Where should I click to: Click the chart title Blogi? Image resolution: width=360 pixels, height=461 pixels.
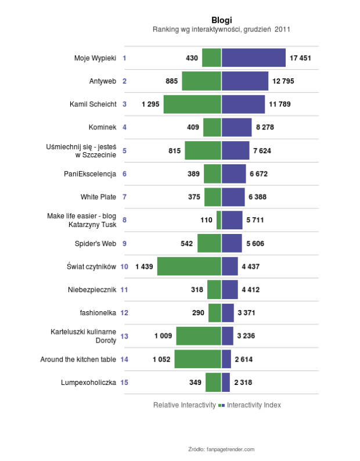click(221, 20)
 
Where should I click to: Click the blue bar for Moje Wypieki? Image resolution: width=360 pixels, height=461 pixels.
click(253, 58)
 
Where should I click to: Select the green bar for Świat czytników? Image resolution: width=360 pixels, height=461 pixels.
click(189, 266)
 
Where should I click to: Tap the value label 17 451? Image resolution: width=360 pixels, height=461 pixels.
click(301, 58)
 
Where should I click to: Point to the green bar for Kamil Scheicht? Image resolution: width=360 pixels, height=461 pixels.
click(192, 105)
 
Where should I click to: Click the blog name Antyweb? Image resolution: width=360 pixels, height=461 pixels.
click(103, 81)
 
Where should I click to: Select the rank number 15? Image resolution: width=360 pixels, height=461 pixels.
click(124, 383)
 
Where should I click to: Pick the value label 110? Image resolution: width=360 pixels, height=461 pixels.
click(206, 220)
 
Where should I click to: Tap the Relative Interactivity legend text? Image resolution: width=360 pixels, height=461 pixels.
click(184, 405)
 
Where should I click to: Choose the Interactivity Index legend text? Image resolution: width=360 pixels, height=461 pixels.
click(254, 405)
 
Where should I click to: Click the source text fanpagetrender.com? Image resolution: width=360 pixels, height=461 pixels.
click(221, 449)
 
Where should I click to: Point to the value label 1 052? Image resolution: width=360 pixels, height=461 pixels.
click(161, 359)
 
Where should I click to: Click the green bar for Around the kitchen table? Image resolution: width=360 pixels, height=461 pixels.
click(198, 359)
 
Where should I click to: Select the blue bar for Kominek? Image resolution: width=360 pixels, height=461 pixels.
click(236, 127)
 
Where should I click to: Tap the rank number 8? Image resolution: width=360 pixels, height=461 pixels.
click(124, 220)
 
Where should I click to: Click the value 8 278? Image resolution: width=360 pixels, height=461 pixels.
click(264, 127)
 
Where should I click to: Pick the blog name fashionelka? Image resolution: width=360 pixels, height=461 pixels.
click(98, 313)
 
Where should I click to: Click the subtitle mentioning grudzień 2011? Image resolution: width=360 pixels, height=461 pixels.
click(221, 29)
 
